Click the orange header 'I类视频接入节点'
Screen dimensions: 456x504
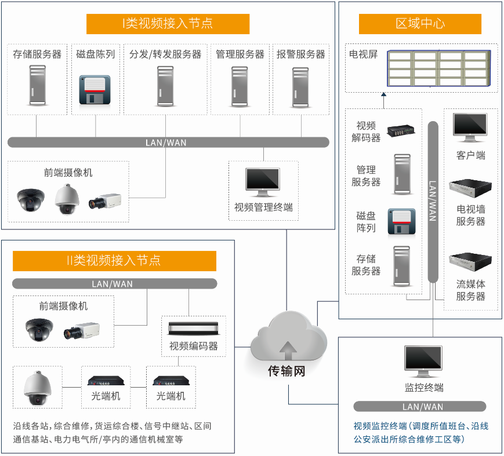tap(168, 24)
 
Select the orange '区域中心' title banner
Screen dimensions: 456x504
tap(420, 24)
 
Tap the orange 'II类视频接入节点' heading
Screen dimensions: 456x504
tap(114, 261)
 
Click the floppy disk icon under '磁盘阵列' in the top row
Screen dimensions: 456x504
tap(95, 90)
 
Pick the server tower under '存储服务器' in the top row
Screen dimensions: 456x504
tap(37, 85)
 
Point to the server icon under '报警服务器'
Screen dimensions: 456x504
tap(300, 87)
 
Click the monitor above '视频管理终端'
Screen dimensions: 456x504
tap(263, 181)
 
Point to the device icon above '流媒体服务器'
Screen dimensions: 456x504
tap(470, 264)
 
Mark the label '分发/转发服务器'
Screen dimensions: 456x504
tap(165, 54)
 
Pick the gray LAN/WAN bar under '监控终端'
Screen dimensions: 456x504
tap(419, 407)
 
